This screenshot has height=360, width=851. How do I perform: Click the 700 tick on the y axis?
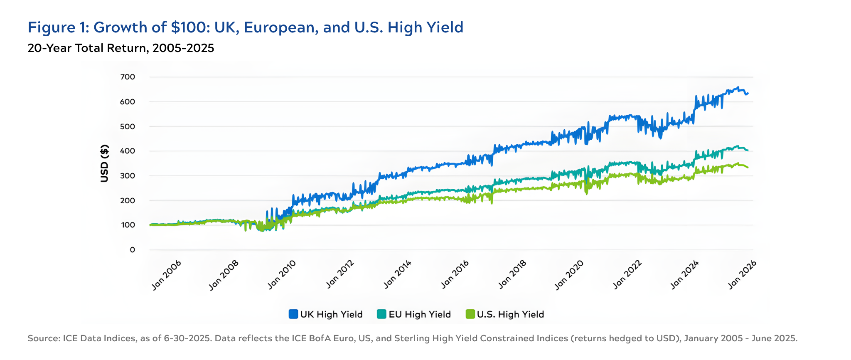128,77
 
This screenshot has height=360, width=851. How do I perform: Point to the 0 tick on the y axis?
132,250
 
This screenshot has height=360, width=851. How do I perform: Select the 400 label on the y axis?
128,151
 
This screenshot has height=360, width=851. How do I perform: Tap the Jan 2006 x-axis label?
166,275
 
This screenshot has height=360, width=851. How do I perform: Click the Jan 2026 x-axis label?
742,275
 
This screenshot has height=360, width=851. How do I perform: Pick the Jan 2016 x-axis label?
455,275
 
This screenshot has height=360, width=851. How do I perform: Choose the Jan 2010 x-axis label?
282,275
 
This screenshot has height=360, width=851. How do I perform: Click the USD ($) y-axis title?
104,163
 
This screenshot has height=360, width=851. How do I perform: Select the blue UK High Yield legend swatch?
293,314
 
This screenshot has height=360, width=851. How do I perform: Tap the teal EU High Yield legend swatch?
381,314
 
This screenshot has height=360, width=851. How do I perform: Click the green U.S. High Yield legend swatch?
470,314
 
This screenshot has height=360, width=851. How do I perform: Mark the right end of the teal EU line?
748,150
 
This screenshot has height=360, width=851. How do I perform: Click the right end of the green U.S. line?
748,167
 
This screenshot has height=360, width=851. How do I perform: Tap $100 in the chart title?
186,27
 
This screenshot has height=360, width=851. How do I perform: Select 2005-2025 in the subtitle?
183,48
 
